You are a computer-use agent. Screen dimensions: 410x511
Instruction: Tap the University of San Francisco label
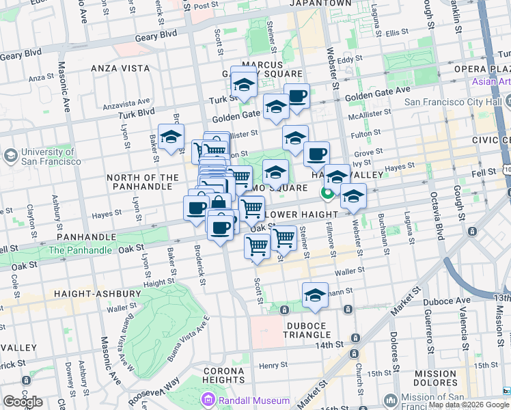tap(46, 156)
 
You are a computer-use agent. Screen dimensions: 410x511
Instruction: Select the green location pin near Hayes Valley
tap(328, 193)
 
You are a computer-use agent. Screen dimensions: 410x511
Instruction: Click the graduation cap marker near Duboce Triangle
tap(314, 295)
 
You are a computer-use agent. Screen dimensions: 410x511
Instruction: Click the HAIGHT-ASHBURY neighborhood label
tap(97, 294)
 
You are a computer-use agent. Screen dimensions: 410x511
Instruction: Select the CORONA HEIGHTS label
tap(223, 374)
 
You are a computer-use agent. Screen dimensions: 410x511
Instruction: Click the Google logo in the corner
tap(23, 402)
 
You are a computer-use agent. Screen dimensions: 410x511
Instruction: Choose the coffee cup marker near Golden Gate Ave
tap(296, 96)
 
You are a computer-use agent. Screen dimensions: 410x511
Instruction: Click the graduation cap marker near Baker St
tap(171, 136)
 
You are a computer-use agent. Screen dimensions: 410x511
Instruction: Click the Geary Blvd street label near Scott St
tap(156, 33)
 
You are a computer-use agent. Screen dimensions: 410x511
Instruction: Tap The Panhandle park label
tap(81, 250)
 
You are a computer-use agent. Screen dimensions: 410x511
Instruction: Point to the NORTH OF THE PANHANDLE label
tap(143, 182)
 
